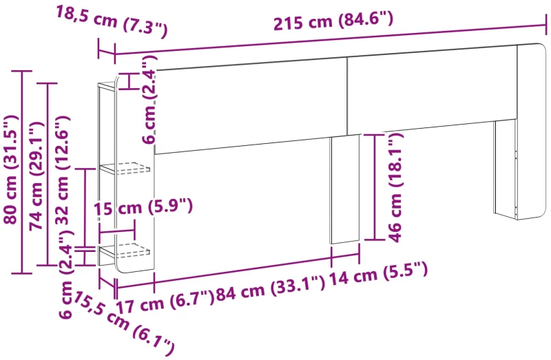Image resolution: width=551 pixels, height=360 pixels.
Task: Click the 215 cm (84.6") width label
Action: pos(333,22)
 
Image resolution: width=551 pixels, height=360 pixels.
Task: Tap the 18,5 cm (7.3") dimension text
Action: pos(112,22)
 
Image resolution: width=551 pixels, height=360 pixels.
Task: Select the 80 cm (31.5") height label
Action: pos(10,169)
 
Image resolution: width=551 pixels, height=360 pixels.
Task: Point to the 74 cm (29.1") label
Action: pos(37,176)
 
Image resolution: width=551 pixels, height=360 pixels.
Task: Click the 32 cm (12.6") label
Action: pos(63,169)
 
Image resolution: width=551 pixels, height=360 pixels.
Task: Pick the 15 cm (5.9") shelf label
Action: pos(143,207)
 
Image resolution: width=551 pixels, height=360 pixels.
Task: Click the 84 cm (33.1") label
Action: pos(270,288)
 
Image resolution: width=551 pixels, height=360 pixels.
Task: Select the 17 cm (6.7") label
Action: pos(165,302)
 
